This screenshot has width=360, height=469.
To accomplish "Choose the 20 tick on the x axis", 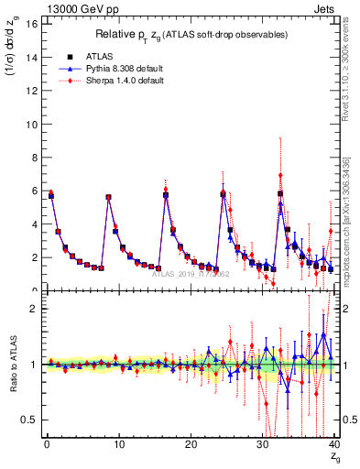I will point(190,446).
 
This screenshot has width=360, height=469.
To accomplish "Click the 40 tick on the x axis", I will point(333,446).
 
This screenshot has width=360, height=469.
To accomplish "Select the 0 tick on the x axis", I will point(46,446).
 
